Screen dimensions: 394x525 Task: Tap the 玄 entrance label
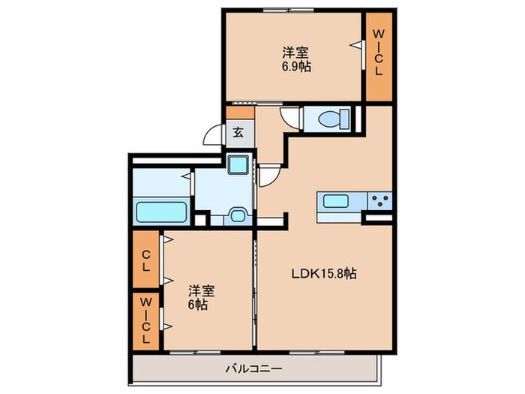tap(238, 133)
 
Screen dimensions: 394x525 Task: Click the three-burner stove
tap(379, 200)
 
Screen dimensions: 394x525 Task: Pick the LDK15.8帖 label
tap(323, 274)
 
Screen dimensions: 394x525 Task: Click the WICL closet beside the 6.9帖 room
tap(379, 53)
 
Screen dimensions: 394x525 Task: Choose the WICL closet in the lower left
tap(146, 320)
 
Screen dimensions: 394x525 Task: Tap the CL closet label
tap(146, 259)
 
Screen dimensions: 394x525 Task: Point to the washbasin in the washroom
tap(239, 215)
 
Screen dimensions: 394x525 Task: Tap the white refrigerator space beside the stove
tap(378, 218)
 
